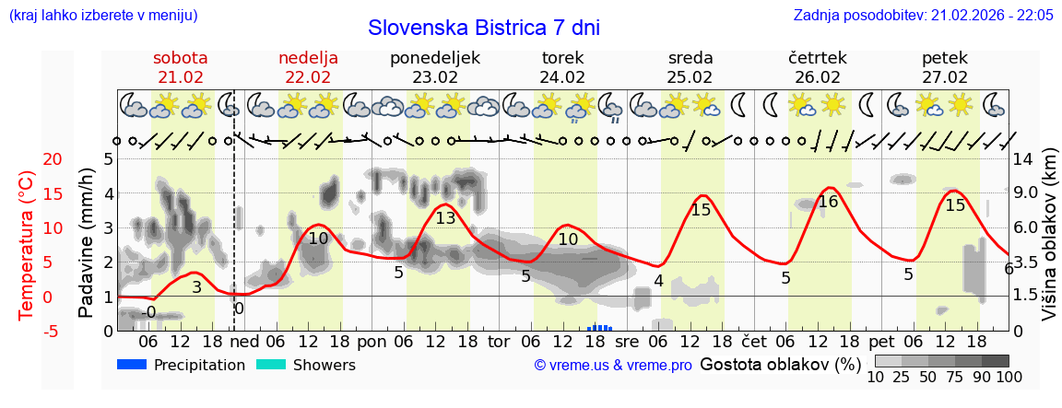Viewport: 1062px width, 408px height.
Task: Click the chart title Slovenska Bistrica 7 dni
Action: point(483,27)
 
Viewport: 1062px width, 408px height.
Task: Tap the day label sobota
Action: point(180,58)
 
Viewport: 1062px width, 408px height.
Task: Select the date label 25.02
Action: point(690,77)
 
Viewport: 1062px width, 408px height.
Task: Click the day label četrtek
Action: point(817,58)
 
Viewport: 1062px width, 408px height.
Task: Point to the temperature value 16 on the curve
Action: point(828,202)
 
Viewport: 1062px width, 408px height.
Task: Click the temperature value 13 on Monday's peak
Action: point(445,218)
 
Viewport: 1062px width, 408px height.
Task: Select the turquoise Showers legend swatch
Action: point(271,365)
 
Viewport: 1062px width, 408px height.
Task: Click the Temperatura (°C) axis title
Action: point(27,245)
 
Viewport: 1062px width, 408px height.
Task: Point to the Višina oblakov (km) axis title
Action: point(1049,245)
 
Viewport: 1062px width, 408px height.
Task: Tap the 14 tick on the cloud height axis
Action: point(1023,159)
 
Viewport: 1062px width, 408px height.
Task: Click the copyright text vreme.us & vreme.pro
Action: point(613,366)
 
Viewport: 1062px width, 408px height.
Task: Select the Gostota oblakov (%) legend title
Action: point(780,365)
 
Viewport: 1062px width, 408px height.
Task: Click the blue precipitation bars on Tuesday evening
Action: point(600,327)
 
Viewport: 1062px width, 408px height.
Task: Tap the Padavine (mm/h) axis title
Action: point(87,245)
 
